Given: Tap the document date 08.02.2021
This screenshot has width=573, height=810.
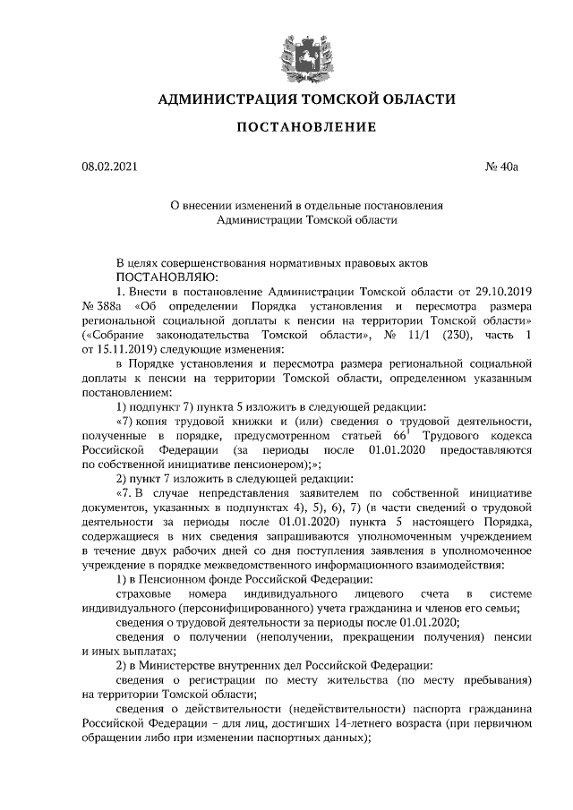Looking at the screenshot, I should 108,166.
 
